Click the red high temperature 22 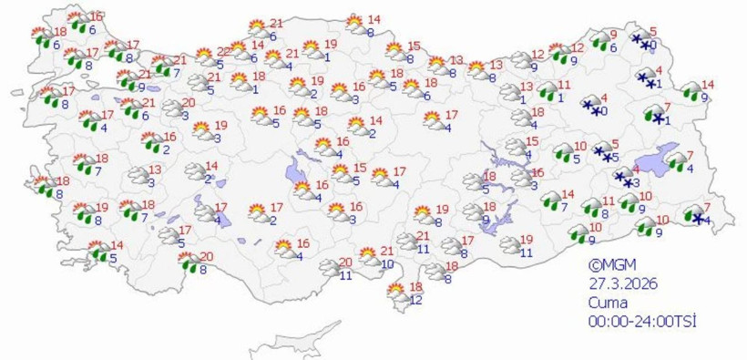(223, 51)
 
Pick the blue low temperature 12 (416, 300)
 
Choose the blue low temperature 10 (387, 264)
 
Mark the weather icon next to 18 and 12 (398, 293)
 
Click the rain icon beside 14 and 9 (693, 91)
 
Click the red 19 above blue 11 (526, 240)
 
